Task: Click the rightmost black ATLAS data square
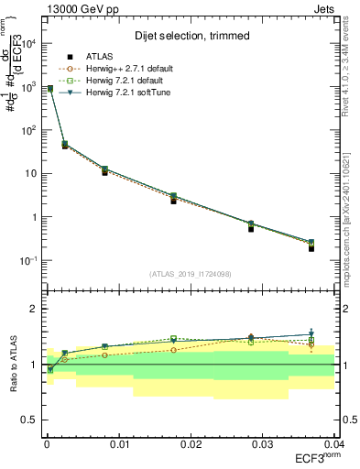[311, 248]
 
